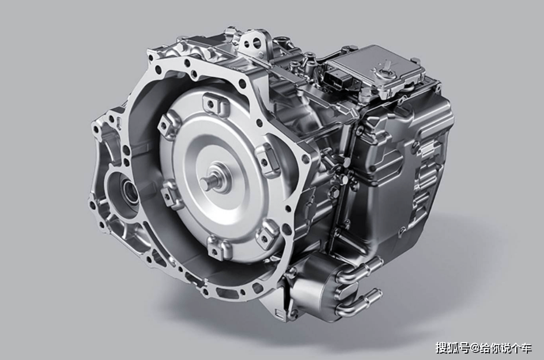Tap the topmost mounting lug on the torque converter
click(211, 103)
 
